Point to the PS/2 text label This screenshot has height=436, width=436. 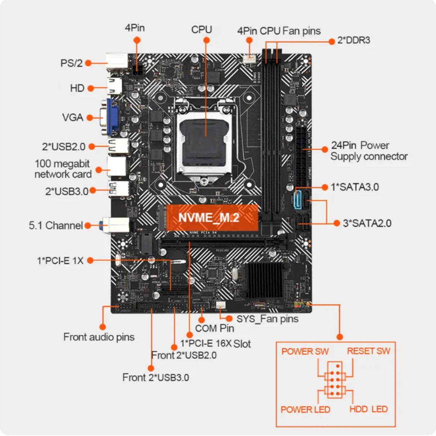point(71,63)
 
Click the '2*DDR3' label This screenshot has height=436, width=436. point(354,40)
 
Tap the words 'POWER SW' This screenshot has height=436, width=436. point(305,351)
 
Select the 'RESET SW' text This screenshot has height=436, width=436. point(368,351)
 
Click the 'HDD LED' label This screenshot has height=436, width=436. point(368,409)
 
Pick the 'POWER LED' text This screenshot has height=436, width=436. point(305,409)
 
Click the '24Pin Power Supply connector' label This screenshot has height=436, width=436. point(368,151)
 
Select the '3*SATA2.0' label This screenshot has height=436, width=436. point(367,223)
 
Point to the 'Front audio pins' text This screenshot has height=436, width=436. point(99,337)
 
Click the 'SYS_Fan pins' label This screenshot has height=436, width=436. point(267,319)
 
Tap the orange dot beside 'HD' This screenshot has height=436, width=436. point(91,88)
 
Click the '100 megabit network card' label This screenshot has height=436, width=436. point(62,169)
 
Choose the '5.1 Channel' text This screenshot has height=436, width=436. point(56,226)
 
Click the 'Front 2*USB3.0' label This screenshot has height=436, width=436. point(156,378)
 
